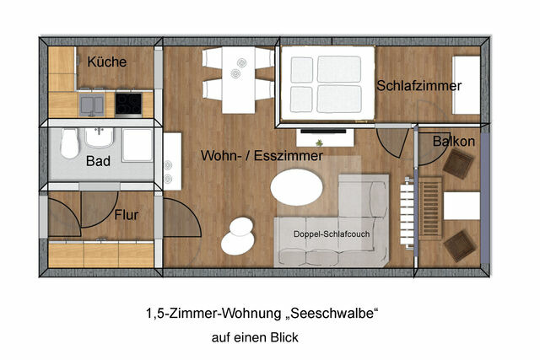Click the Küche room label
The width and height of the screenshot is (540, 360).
coord(107,62)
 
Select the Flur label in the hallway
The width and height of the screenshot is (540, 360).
coord(126,215)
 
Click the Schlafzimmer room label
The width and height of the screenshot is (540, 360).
coord(419,86)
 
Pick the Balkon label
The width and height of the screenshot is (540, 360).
coord(453,142)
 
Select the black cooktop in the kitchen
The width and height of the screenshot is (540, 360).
coord(129,103)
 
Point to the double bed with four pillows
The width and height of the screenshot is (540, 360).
coord(327,83)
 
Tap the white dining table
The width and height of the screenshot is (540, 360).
coord(238,79)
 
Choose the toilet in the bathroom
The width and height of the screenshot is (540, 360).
coord(70,144)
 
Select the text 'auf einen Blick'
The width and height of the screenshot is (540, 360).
coord(255,336)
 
